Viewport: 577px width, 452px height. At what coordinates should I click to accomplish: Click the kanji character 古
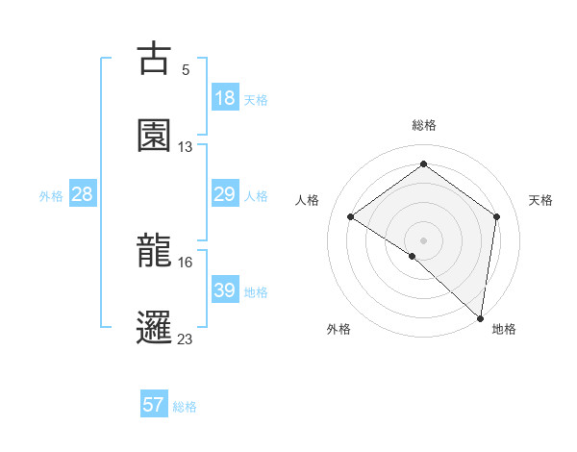point(154,60)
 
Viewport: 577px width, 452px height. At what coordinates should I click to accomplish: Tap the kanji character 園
point(154,136)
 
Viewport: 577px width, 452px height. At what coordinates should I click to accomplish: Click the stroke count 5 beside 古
point(186,70)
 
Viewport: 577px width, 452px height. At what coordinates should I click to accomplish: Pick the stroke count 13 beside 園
point(186,147)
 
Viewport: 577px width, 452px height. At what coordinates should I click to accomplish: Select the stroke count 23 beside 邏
point(186,339)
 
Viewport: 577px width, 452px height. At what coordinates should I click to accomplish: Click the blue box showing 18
point(224,98)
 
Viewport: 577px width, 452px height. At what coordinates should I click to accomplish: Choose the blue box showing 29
point(224,194)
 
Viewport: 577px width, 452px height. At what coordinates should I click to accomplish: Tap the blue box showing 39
point(224,290)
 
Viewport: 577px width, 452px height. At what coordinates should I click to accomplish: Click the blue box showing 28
point(83,194)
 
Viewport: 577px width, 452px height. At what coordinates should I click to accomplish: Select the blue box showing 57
point(154,405)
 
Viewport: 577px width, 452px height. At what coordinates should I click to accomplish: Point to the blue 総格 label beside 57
point(185,407)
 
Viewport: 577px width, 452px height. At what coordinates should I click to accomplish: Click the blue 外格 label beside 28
point(51,196)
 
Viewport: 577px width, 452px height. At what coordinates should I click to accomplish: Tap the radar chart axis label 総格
point(423,125)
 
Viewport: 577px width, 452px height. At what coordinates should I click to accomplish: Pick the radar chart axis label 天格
point(540,200)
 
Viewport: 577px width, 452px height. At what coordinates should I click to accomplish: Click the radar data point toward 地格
point(481,317)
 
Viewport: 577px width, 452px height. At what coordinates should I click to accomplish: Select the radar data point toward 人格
point(351,216)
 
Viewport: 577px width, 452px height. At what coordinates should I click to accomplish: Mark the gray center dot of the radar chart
point(423,239)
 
